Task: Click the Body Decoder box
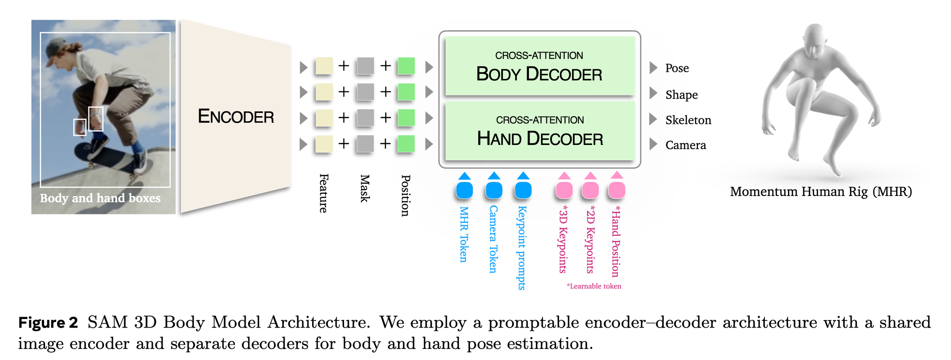click(x=540, y=66)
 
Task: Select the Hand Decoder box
click(x=540, y=131)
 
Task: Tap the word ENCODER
click(x=236, y=116)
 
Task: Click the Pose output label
click(x=677, y=68)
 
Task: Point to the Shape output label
click(x=681, y=95)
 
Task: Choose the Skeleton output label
click(x=688, y=120)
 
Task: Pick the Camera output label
click(x=685, y=145)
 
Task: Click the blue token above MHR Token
click(x=464, y=190)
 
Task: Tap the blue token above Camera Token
click(x=494, y=190)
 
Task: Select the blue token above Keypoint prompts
click(x=523, y=190)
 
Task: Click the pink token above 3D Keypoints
click(x=564, y=190)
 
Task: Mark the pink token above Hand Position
click(x=617, y=190)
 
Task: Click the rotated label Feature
click(x=324, y=193)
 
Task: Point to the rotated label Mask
click(x=365, y=189)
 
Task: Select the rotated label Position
click(x=405, y=195)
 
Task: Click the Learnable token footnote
click(x=594, y=286)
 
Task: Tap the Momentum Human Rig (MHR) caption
click(x=821, y=191)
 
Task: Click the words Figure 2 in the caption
click(x=48, y=322)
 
